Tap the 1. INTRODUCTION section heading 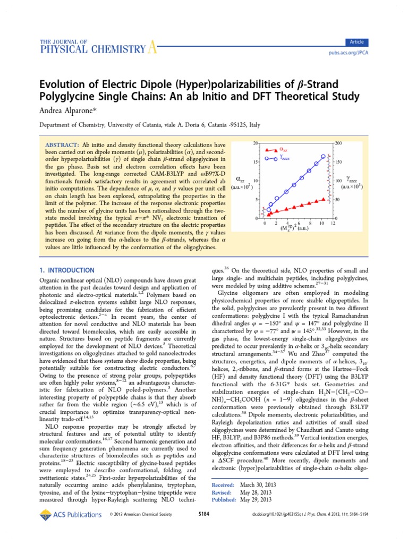(x=67, y=270)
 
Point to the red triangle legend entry (x=277, y=150)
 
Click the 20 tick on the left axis (x=256, y=143)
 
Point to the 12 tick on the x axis (x=333, y=224)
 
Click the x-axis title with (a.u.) (x=295, y=229)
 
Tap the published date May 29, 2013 (x=256, y=499)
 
